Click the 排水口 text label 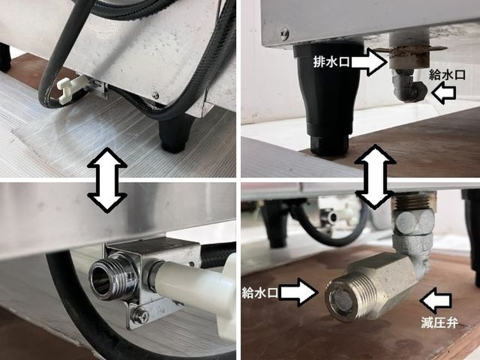[x=332, y=62]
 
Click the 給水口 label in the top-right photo [x=447, y=74]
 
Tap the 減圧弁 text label [x=439, y=323]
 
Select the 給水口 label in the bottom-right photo [x=260, y=293]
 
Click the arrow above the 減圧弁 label [x=436, y=302]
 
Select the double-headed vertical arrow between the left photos [x=107, y=180]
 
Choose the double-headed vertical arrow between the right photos [x=374, y=177]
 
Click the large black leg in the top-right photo [x=329, y=98]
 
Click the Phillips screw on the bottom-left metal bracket [x=142, y=313]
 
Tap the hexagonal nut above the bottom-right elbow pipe [x=413, y=222]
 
